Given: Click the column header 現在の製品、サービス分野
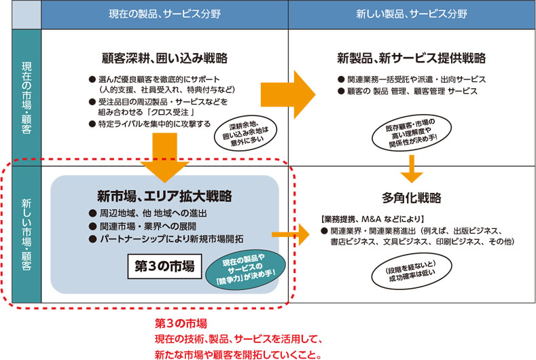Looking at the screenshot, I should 164,14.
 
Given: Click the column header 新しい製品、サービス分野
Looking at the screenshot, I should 411,14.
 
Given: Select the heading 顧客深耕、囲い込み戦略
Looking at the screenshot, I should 164,57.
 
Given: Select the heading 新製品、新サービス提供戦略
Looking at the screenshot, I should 411,57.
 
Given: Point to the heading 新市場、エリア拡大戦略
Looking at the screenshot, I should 164,196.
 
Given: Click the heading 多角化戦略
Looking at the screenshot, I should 411,198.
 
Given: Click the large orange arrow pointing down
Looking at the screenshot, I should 165,154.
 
